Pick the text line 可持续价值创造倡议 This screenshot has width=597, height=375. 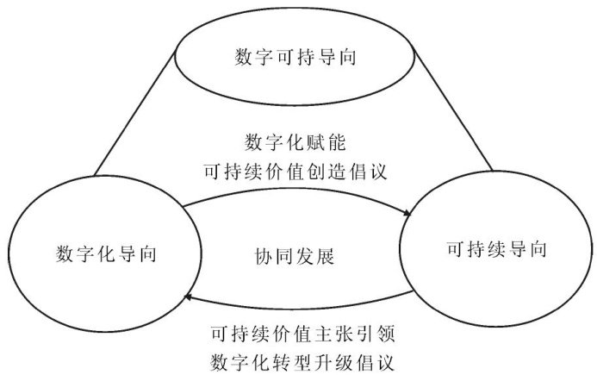(x=295, y=171)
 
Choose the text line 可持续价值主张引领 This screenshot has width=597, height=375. (x=295, y=332)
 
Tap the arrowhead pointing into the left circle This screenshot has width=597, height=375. (x=185, y=296)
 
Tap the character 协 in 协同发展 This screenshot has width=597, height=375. (x=262, y=256)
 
